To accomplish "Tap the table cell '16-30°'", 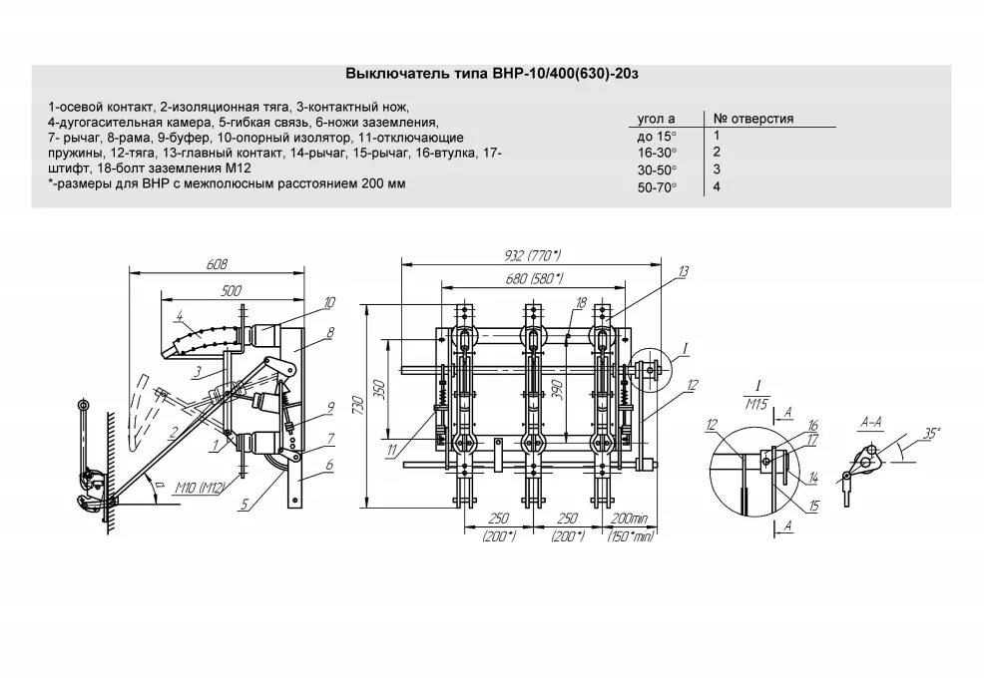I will [x=657, y=152].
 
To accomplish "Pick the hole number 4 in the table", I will [x=717, y=186].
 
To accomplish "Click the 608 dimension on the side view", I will [x=218, y=264].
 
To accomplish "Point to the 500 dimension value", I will [x=232, y=290].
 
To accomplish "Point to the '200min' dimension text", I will [x=630, y=521].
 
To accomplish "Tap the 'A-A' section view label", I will [x=870, y=424].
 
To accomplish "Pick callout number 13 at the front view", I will [x=683, y=271].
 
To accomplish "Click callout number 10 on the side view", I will [x=329, y=301].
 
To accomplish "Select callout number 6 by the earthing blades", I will [x=328, y=466].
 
